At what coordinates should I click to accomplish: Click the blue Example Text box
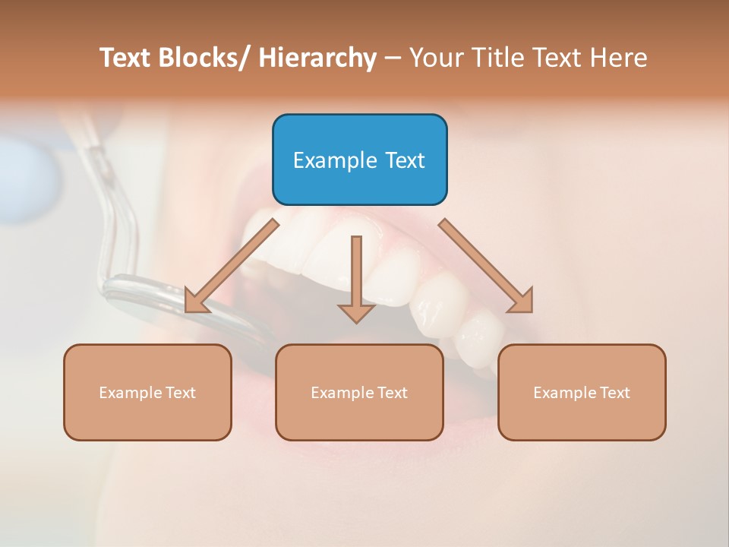[x=359, y=160]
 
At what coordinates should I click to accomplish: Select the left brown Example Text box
[x=147, y=392]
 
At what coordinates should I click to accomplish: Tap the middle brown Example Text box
[x=359, y=392]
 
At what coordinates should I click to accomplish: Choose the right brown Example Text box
[x=582, y=392]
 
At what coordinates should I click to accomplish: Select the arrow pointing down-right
[x=486, y=266]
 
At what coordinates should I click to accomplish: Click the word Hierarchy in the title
[x=317, y=58]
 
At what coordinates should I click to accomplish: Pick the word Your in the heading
[x=436, y=58]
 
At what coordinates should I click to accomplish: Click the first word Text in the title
[x=126, y=58]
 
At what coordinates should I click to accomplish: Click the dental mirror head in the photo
[x=182, y=304]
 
